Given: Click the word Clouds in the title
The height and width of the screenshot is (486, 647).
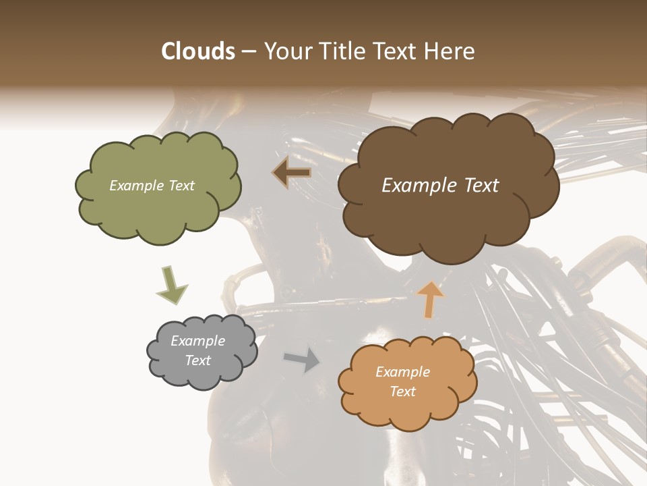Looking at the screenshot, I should pos(197,51).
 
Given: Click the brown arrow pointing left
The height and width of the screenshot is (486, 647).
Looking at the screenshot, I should pos(292,173).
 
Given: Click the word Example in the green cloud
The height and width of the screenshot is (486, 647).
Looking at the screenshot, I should pos(136,186).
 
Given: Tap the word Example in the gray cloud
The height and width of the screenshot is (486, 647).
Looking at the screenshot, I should pos(197,341).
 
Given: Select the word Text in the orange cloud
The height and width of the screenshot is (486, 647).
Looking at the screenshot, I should pos(402,391).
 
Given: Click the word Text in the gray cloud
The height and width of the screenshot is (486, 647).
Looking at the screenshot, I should pos(197,360).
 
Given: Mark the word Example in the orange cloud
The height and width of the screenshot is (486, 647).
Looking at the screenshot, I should pos(402,372).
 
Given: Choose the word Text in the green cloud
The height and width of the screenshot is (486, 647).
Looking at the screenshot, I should pos(180,186).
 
